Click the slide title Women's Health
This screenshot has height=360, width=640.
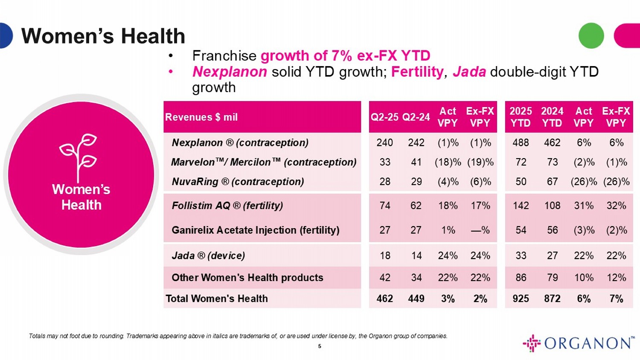pyautogui.click(x=103, y=36)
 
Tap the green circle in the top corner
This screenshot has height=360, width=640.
pyautogui.click(x=591, y=35)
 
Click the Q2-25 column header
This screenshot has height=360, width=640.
pyautogui.click(x=384, y=117)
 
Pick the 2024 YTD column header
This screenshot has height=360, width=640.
pyautogui.click(x=552, y=117)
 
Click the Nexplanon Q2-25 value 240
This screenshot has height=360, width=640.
pyautogui.click(x=384, y=143)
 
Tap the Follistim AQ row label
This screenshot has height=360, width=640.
pyautogui.click(x=227, y=206)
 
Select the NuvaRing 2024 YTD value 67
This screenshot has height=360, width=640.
pyautogui.click(x=552, y=182)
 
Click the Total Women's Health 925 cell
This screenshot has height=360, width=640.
pyautogui.click(x=521, y=299)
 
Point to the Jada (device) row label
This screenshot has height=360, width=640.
pyautogui.click(x=208, y=255)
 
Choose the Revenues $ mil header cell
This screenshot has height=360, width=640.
pyautogui.click(x=201, y=117)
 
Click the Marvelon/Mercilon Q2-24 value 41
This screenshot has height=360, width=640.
pyautogui.click(x=416, y=162)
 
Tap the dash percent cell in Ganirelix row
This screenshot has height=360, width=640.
pyautogui.click(x=480, y=230)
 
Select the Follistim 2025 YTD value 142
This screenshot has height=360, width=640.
pyautogui.click(x=521, y=206)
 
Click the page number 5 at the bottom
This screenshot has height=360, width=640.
pyautogui.click(x=320, y=346)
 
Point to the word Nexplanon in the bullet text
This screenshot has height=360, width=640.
pyautogui.click(x=230, y=72)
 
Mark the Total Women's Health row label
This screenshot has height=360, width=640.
pyautogui.click(x=217, y=299)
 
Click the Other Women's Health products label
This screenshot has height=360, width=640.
pyautogui.click(x=247, y=278)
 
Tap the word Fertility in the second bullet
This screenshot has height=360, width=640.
pyautogui.click(x=417, y=72)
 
